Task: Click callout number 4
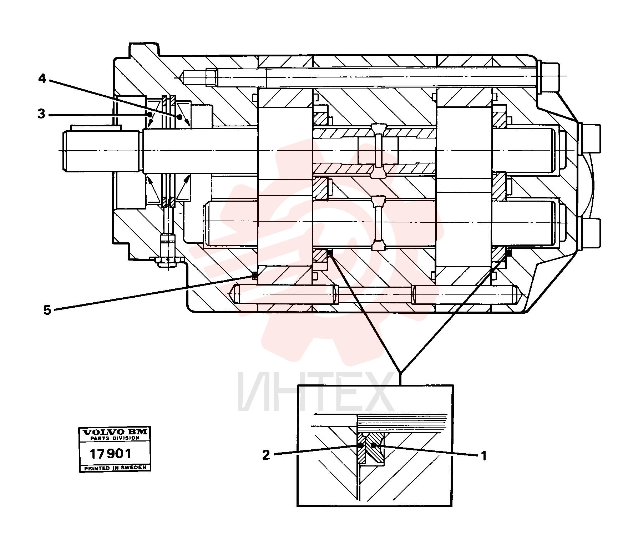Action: [42, 79]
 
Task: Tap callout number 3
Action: [42, 115]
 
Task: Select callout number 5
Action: [47, 310]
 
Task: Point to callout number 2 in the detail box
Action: [266, 455]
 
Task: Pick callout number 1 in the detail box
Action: [484, 456]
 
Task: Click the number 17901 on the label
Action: [110, 454]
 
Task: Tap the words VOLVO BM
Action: [115, 432]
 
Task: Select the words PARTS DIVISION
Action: [115, 438]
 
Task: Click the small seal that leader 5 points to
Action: [255, 276]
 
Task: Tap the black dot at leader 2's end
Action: [361, 445]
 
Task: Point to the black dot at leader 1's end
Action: [374, 445]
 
